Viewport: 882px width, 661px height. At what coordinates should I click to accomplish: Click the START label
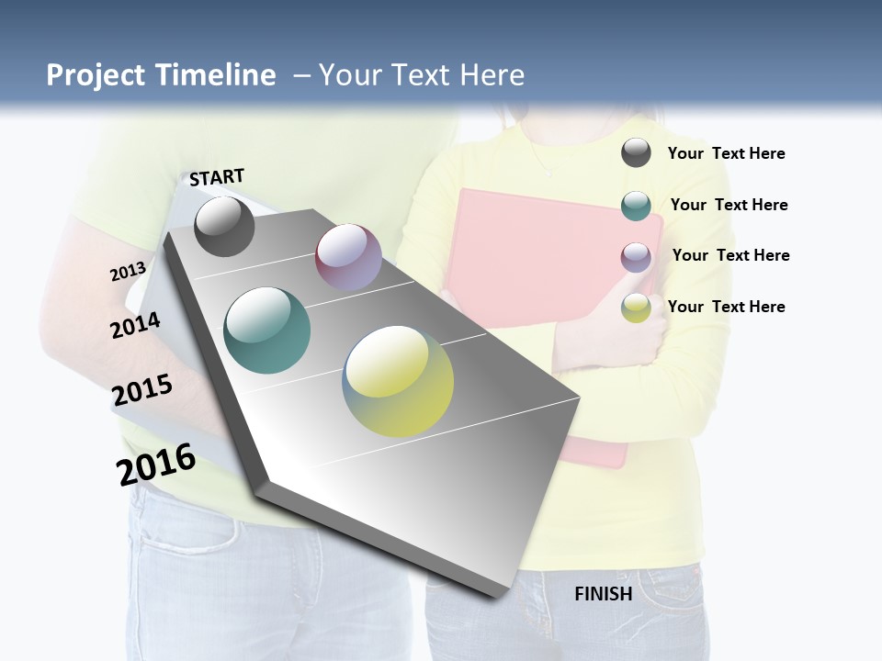tap(217, 177)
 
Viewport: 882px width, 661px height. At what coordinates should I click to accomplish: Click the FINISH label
tap(603, 594)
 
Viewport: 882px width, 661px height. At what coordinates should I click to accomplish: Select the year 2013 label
tap(128, 272)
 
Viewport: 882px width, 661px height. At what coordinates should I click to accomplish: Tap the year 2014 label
tap(135, 325)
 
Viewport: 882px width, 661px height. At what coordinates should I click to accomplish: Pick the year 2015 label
tap(142, 390)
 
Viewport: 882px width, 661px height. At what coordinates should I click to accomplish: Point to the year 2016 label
tap(156, 465)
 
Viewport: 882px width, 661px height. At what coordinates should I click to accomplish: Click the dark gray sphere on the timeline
tap(224, 226)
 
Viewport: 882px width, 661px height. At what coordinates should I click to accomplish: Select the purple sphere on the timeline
tap(348, 257)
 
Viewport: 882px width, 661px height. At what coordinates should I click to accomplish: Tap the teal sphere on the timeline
tap(267, 330)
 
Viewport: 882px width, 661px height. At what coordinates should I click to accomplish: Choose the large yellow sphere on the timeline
tap(398, 381)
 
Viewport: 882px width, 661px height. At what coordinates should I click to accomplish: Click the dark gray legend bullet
tap(636, 153)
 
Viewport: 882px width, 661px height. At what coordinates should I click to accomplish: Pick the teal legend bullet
tap(636, 206)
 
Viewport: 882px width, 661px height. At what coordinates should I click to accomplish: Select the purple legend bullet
tap(636, 256)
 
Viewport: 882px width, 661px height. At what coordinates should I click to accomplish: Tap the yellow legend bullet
tap(636, 308)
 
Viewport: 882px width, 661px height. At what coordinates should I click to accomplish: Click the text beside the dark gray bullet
tap(726, 153)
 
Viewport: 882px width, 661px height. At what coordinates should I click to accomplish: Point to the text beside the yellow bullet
tap(726, 307)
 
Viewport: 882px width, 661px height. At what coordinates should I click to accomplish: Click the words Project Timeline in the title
tap(161, 75)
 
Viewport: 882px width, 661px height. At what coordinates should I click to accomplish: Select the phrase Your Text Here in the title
tap(422, 75)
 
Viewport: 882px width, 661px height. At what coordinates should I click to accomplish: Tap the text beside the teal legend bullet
tap(729, 205)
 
